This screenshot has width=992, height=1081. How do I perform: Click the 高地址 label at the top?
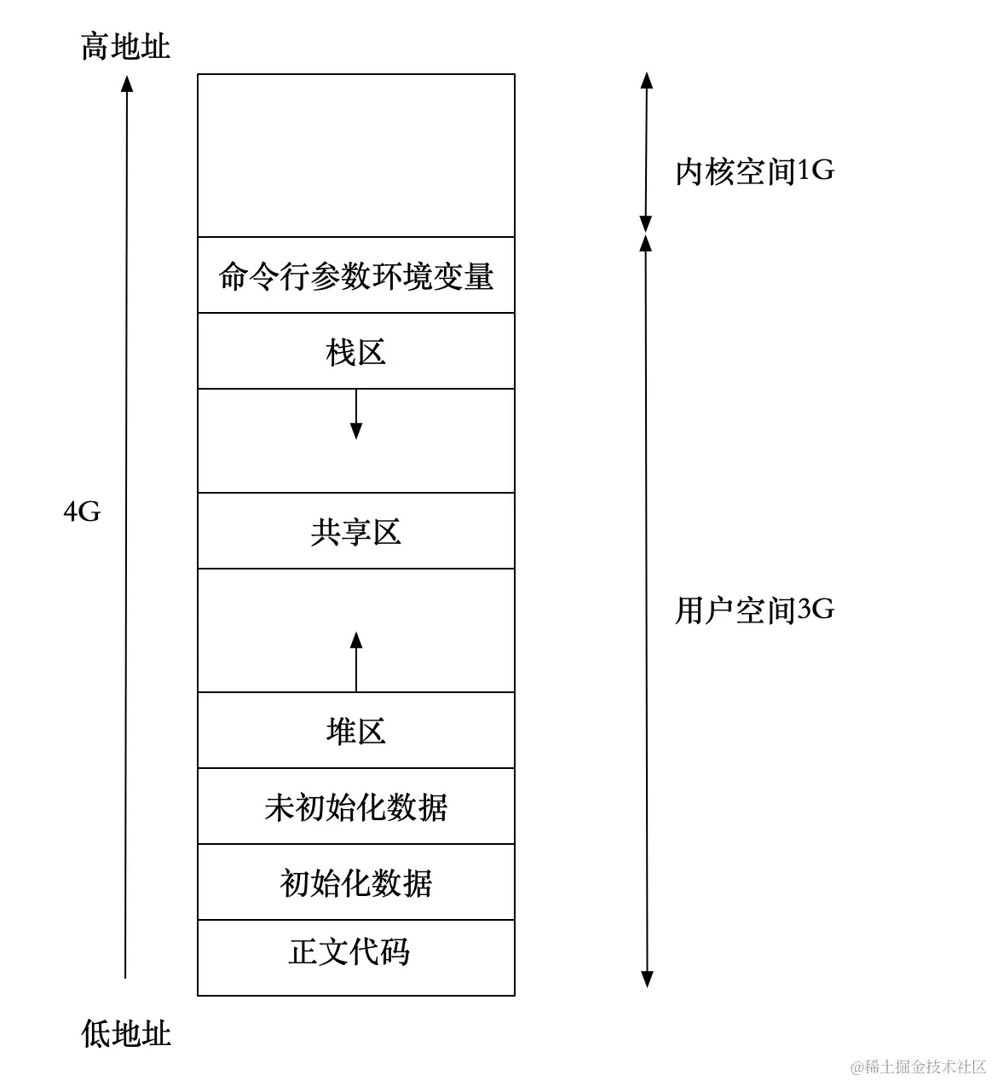pyautogui.click(x=125, y=46)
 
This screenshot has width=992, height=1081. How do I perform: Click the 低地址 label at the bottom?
pyautogui.click(x=126, y=1033)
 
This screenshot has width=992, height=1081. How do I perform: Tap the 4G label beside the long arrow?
pyautogui.click(x=82, y=512)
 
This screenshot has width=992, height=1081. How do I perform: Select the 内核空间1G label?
pyautogui.click(x=754, y=171)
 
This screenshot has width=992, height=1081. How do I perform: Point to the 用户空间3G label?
pyautogui.click(x=754, y=610)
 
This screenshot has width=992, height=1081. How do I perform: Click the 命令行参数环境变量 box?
pyautogui.click(x=356, y=276)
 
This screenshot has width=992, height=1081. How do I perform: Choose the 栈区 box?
pyautogui.click(x=356, y=351)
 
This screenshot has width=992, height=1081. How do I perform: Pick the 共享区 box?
pyautogui.click(x=356, y=532)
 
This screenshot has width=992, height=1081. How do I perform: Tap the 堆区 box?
pyautogui.click(x=356, y=731)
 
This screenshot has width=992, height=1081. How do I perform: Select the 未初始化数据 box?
pyautogui.click(x=356, y=806)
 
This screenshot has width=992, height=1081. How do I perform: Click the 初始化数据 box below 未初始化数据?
pyautogui.click(x=356, y=883)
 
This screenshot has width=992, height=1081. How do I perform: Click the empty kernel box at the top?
pyautogui.click(x=356, y=155)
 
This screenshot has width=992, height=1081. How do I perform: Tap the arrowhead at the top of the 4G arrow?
pyautogui.click(x=127, y=83)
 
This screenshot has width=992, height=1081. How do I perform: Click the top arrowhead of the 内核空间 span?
pyautogui.click(x=647, y=81)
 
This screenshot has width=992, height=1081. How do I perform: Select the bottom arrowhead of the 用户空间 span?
pyautogui.click(x=647, y=978)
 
